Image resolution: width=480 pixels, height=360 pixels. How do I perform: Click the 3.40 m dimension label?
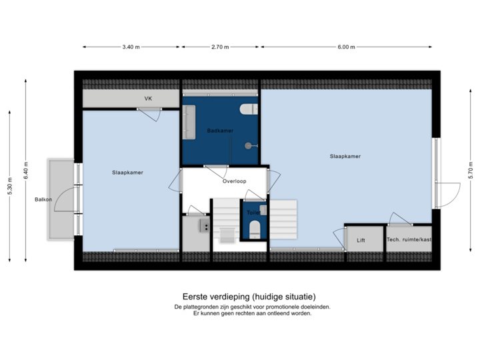coord(131,47)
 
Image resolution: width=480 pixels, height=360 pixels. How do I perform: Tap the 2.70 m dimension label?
coord(220,47)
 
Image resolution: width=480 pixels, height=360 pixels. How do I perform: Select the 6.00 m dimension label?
coord(347,47)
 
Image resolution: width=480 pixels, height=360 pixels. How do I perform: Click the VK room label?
coord(148,99)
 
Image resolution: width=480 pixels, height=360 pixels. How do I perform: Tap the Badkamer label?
coord(220,131)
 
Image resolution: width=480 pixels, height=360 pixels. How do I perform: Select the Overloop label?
coord(235,181)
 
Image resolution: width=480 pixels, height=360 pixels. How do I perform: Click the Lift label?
coord(361,240)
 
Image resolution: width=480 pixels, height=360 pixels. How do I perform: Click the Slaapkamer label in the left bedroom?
coord(127,173)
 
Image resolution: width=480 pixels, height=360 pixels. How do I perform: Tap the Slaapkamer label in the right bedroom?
coord(345,157)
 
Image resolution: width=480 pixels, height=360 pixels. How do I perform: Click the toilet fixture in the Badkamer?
coord(248,109)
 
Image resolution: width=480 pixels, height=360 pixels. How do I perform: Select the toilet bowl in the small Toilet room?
coord(253,230)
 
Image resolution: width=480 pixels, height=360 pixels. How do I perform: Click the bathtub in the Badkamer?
coord(188,121)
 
